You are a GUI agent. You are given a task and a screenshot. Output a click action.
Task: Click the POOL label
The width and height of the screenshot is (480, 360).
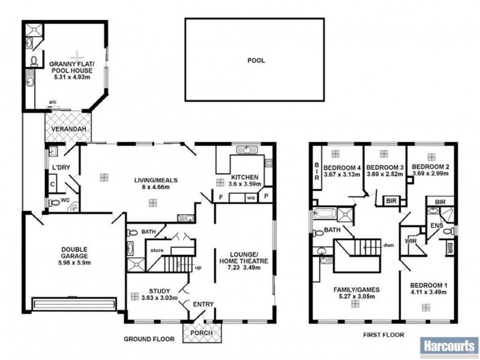[256, 61]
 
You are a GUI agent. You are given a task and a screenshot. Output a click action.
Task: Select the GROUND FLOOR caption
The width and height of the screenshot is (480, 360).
[149, 339]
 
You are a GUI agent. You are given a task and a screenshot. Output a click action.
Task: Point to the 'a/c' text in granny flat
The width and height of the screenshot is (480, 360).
[52, 102]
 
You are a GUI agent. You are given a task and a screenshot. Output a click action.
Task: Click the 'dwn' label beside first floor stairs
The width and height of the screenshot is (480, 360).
[389, 245]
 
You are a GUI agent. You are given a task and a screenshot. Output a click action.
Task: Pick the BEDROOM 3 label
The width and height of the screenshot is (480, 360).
[382, 167]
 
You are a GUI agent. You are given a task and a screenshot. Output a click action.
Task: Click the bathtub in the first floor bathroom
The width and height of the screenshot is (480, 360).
[325, 213]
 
